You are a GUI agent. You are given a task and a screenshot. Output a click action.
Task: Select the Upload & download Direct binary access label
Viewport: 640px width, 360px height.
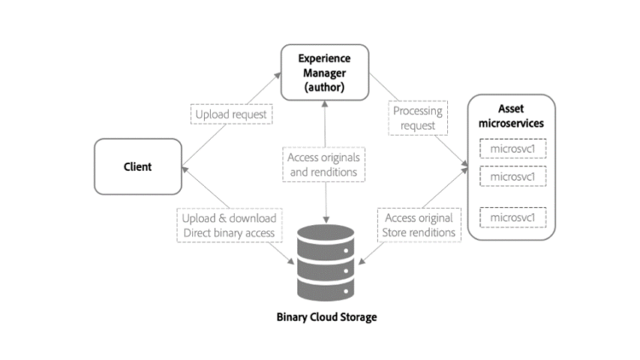click(229, 225)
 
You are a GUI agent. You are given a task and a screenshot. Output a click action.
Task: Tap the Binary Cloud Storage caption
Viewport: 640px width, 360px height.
click(326, 316)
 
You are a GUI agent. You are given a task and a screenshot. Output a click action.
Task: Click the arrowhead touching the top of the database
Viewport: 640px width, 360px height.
click(326, 221)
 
